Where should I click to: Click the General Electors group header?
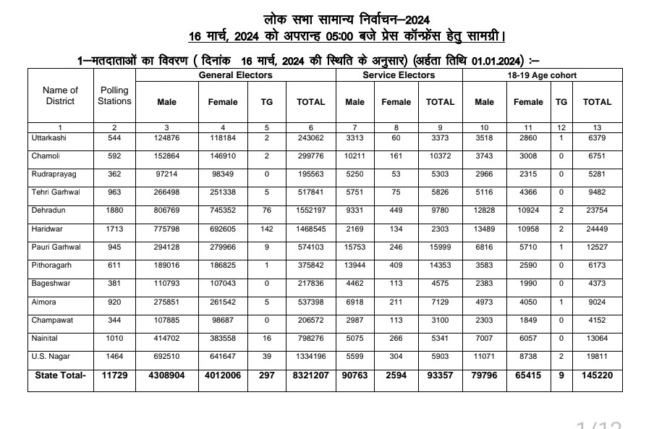click(235, 75)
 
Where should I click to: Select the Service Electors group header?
click(399, 75)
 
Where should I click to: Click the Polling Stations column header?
click(114, 95)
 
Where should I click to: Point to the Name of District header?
click(60, 95)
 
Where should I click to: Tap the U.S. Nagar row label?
click(49, 357)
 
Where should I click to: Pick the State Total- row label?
click(60, 375)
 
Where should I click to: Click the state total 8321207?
click(310, 375)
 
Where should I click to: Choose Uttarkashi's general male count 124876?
click(167, 137)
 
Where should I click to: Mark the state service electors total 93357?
click(440, 375)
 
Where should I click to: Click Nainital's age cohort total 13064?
click(596, 339)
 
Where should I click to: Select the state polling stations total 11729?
click(114, 375)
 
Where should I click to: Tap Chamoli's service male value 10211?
click(354, 156)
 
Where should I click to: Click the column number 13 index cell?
click(596, 127)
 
